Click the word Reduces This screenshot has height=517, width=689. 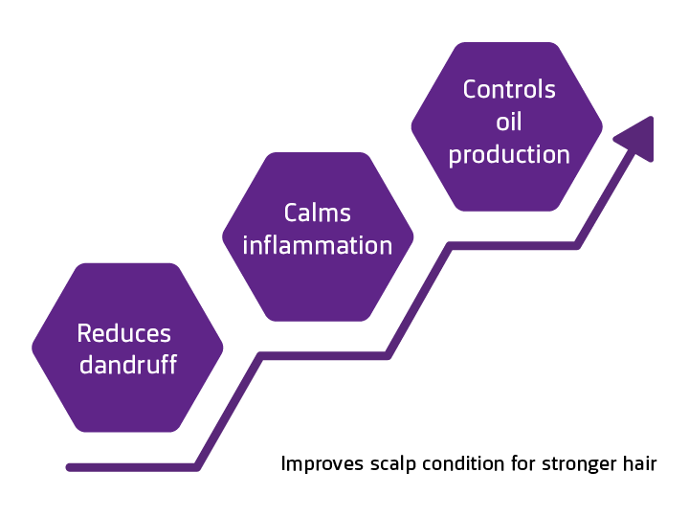pos(124,333)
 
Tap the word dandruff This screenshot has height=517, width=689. pos(127,365)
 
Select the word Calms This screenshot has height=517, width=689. pos(318,213)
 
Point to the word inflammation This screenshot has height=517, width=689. pos(318,245)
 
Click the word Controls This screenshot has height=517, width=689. pos(509,89)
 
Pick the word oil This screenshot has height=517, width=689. pos(509,122)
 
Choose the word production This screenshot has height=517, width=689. pos(509,154)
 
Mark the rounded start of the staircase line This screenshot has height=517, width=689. pos(70,467)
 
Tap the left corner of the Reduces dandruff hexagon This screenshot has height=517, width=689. pos(33,348)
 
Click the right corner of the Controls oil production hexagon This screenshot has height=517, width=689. pos(602,126)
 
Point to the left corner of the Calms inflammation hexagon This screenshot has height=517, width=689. pos(224,236)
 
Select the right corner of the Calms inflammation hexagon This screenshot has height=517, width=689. pos(412,236)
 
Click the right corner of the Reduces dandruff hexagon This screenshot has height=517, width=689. pos(222,348)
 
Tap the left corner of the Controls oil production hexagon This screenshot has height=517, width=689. pos(412,126)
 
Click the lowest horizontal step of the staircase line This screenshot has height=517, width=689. pos(134,467)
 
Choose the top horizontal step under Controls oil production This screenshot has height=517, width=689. pos(514,246)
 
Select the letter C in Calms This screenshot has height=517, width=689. pos(291,213)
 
